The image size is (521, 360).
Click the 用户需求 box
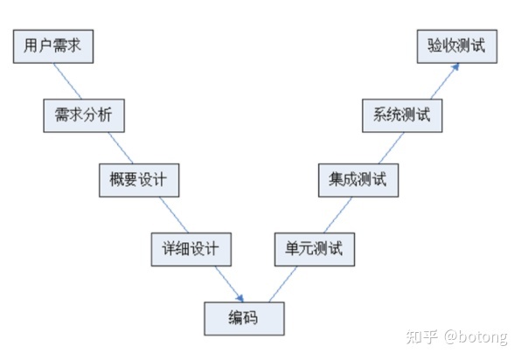52,45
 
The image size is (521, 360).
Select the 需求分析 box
83,114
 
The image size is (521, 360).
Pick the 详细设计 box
191,248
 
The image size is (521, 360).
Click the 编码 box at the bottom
244,316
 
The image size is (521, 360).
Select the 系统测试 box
401,114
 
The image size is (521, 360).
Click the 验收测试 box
456,45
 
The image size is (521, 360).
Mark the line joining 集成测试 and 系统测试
378,148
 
